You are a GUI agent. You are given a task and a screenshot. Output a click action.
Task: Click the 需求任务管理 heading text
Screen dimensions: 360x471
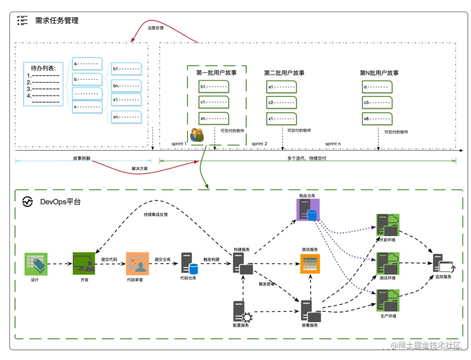click(x=57, y=20)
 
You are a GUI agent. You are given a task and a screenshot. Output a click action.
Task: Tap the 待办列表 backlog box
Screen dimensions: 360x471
click(x=43, y=84)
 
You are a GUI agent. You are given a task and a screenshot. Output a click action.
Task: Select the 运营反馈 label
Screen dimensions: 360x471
click(x=156, y=27)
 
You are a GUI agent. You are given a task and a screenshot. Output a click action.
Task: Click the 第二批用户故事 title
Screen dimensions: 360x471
click(x=284, y=73)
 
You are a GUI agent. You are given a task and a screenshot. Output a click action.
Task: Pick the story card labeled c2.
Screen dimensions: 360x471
click(x=282, y=102)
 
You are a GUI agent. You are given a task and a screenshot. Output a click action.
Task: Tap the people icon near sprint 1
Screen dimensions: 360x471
click(x=197, y=135)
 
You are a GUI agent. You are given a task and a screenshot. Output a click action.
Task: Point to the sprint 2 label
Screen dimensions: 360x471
click(x=259, y=143)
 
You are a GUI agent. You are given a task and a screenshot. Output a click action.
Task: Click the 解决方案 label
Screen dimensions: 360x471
click(x=140, y=169)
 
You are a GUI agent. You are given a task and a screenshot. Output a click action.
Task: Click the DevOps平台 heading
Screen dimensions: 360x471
click(x=60, y=202)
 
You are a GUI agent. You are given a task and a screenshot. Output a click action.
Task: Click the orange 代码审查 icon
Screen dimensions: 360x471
click(x=137, y=263)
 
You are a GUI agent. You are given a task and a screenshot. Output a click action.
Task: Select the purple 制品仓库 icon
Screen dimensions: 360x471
click(x=308, y=210)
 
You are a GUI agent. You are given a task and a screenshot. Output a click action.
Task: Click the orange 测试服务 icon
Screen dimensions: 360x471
click(x=310, y=264)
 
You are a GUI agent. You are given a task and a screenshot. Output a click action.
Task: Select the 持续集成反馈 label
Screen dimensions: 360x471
click(x=155, y=214)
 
